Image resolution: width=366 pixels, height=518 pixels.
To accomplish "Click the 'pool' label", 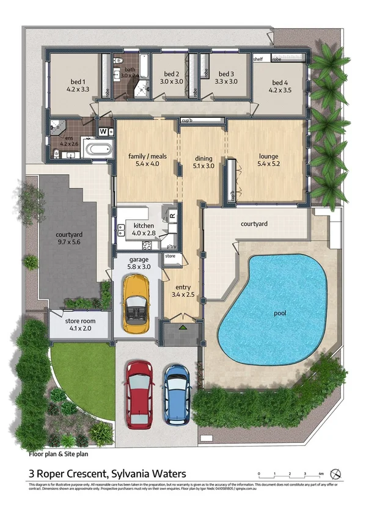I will (280, 313).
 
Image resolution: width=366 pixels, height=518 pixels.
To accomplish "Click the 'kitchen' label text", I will (144, 225).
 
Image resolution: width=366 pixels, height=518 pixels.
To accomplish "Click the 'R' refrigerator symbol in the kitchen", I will (172, 216).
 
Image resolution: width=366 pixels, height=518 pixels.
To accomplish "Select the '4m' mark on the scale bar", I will (321, 473).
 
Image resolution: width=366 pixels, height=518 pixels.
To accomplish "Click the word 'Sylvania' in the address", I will (123, 473).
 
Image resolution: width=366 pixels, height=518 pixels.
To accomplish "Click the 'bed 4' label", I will (280, 83).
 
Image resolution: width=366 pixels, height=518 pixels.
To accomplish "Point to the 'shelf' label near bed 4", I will (258, 59).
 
